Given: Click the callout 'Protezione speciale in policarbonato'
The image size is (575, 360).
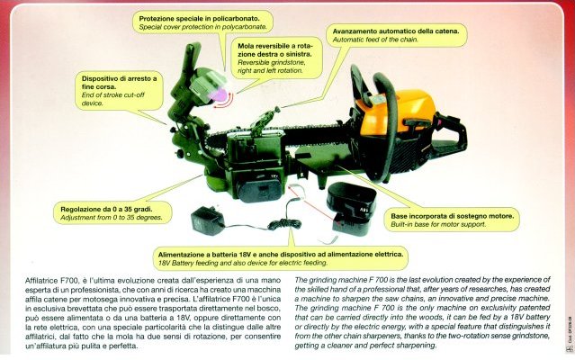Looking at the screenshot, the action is pos(202,22).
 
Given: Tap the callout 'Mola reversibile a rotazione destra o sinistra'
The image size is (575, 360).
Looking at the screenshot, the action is pos(276,58).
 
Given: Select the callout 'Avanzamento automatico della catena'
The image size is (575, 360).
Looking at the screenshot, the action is pos(397,35).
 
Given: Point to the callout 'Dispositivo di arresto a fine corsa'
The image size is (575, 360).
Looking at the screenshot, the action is pos(119,91).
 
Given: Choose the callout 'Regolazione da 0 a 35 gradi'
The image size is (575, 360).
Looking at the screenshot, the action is pos(112,213).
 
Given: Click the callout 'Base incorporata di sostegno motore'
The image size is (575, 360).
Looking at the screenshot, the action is pos(452,220).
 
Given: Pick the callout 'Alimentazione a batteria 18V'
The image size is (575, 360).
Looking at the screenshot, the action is pos(281,258).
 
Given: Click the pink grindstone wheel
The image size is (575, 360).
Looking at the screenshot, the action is pos(218,94).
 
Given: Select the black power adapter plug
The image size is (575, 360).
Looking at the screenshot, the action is pos(207,220).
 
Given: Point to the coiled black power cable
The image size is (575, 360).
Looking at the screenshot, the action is pos(284,223).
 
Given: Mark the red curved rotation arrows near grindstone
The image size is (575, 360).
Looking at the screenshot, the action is pos(224,102).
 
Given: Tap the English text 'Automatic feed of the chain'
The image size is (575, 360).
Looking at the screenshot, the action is pos(375,40).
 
